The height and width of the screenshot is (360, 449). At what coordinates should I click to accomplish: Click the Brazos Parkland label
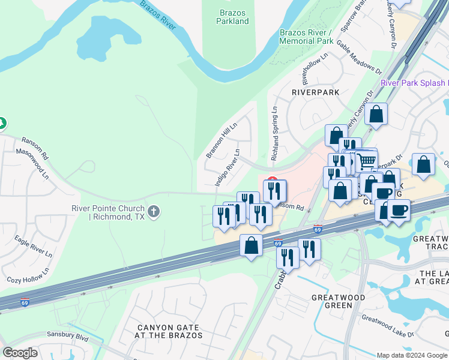coord(232,17)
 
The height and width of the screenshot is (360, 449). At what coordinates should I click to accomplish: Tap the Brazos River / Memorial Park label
coord(306,37)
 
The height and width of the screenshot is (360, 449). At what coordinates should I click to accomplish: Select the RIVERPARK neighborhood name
coord(315,92)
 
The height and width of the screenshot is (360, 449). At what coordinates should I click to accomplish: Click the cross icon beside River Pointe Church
coord(154,211)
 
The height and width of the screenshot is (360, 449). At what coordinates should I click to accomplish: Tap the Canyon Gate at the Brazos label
coord(169,331)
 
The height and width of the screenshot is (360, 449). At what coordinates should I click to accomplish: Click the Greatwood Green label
coord(331,301)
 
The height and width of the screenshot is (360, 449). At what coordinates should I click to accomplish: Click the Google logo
coord(20,353)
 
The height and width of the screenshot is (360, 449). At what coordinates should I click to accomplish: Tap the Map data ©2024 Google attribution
coord(411,355)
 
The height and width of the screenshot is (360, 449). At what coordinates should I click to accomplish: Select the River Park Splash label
coord(414,83)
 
